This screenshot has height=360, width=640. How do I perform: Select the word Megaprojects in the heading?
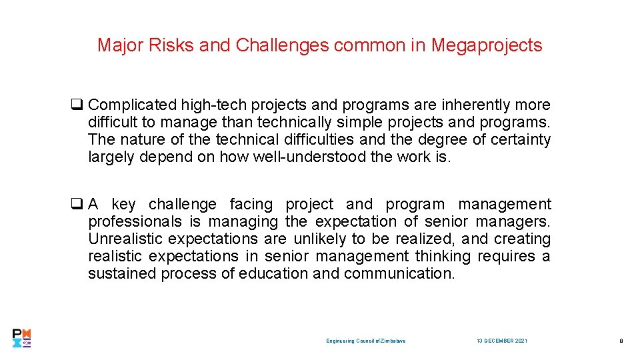(x=487, y=45)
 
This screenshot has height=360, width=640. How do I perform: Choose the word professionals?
(x=135, y=221)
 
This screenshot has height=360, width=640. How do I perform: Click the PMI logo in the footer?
(x=22, y=338)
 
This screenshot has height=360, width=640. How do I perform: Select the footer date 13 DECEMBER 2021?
(x=502, y=341)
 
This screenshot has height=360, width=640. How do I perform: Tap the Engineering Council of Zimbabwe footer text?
(x=366, y=341)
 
